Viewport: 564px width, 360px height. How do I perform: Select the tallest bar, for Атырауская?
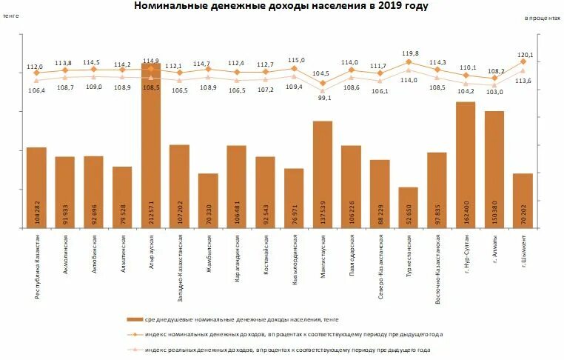pyautogui.click(x=151, y=148)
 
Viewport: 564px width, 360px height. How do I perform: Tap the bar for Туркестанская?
pyautogui.click(x=408, y=207)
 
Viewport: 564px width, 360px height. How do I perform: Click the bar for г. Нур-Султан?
pyautogui.click(x=466, y=163)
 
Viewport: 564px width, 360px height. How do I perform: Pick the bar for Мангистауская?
pyautogui.click(x=323, y=174)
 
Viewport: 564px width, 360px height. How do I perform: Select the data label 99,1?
pyautogui.click(x=323, y=97)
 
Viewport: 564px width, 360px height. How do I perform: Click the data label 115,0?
pyautogui.click(x=295, y=61)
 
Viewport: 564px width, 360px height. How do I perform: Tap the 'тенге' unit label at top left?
pyautogui.click(x=10, y=15)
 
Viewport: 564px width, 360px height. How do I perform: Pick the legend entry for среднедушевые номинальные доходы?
pyautogui.click(x=234, y=319)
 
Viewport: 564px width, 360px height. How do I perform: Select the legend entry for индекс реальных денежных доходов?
pyautogui.click(x=286, y=350)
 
